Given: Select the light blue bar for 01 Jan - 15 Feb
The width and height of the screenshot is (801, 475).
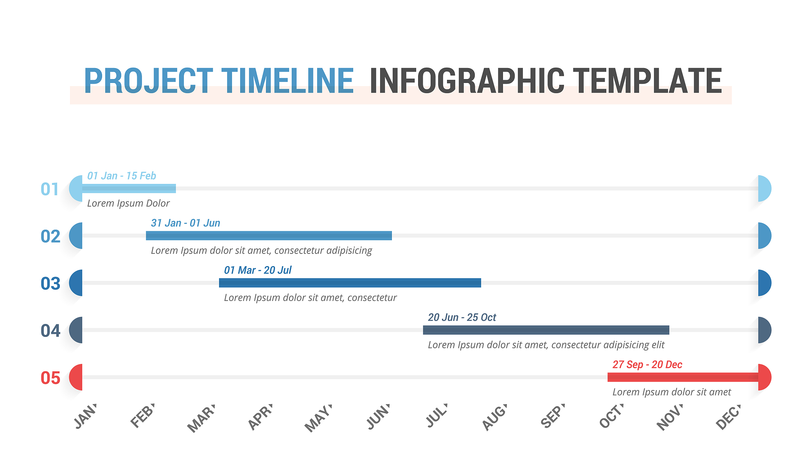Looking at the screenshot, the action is (x=129, y=189).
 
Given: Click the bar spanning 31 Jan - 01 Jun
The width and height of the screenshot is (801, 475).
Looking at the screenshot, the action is (x=269, y=236).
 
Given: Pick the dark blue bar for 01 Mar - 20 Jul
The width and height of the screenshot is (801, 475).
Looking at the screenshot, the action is (x=350, y=283).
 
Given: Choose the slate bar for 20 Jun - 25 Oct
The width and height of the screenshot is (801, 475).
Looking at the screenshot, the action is (x=546, y=330).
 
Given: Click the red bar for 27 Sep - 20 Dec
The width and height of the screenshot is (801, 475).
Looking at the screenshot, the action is (x=683, y=377).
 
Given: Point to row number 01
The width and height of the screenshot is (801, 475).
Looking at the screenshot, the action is (x=50, y=189).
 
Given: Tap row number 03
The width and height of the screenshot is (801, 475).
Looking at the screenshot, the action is (x=50, y=284).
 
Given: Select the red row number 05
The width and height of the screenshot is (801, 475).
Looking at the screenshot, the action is (x=50, y=378).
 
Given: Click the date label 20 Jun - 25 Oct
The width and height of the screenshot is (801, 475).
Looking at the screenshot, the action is (x=462, y=317).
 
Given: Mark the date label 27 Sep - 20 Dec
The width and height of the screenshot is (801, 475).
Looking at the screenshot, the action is (x=647, y=365).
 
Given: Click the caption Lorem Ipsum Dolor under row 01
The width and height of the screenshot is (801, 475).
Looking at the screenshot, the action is (x=128, y=203).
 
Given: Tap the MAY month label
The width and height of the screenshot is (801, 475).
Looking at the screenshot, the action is (x=318, y=418).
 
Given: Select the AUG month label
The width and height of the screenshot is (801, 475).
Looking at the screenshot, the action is (x=494, y=417).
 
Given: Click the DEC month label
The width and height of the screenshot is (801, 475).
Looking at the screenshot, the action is (x=728, y=417).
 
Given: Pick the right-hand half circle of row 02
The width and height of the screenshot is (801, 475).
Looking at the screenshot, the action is (x=765, y=236).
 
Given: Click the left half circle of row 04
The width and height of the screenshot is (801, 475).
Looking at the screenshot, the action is (x=76, y=330).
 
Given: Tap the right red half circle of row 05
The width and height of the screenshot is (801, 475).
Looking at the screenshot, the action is (x=765, y=377).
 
